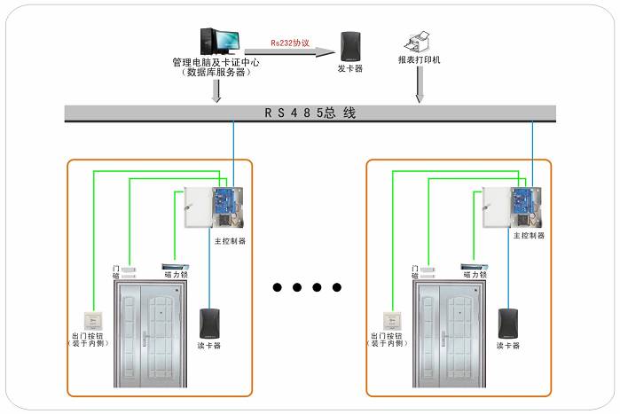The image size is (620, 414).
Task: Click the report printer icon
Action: click(418, 41)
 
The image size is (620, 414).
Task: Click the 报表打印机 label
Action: click(419, 61)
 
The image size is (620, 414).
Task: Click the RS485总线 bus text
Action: click(310, 113)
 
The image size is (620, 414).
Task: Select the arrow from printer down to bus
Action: click(419, 85)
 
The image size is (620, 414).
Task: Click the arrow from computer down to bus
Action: click(216, 90)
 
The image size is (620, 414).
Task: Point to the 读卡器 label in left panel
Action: click(210, 344)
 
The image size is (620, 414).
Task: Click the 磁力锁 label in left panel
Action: click(174, 276)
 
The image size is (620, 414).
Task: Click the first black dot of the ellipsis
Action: click(278, 287)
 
